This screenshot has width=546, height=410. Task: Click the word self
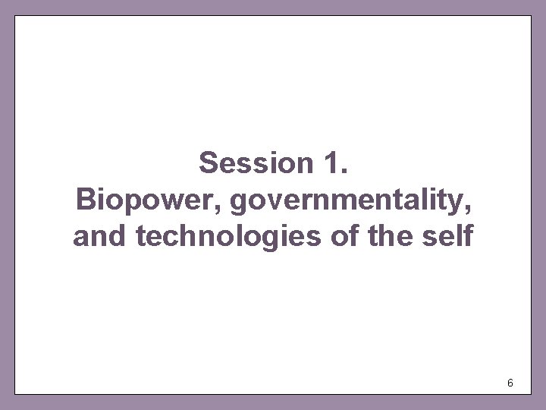448,236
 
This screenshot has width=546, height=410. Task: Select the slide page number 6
510,383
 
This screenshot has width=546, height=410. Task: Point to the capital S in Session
209,162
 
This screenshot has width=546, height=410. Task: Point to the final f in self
468,236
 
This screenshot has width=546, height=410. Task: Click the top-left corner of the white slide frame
15,16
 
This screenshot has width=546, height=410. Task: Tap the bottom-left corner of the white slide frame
15,393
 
